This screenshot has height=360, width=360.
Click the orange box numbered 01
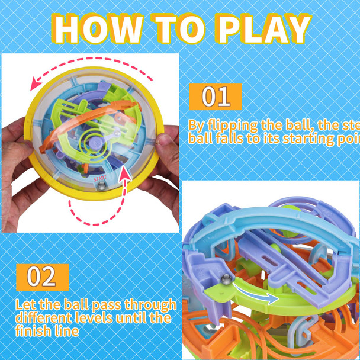pyautogui.click(x=216, y=97)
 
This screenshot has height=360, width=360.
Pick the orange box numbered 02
pyautogui.click(x=42, y=277)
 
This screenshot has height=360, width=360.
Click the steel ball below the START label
pyautogui.click(x=102, y=185)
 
